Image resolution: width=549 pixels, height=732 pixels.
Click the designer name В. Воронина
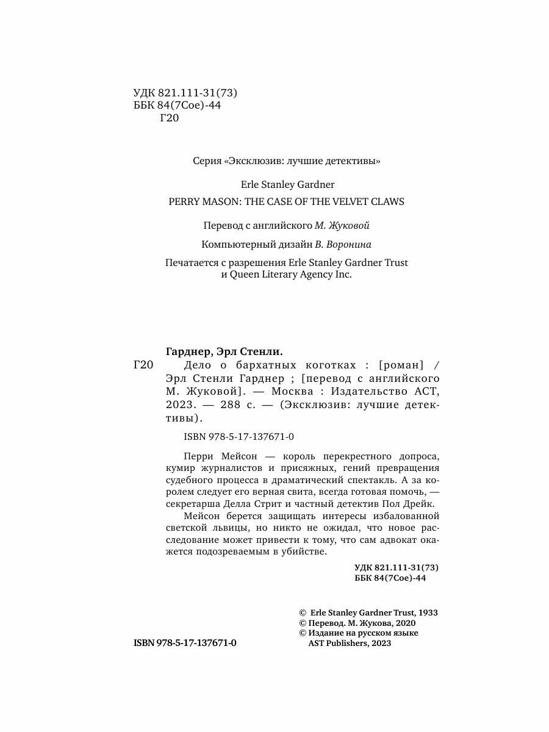[x=343, y=244]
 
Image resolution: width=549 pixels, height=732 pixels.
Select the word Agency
[x=303, y=275]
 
